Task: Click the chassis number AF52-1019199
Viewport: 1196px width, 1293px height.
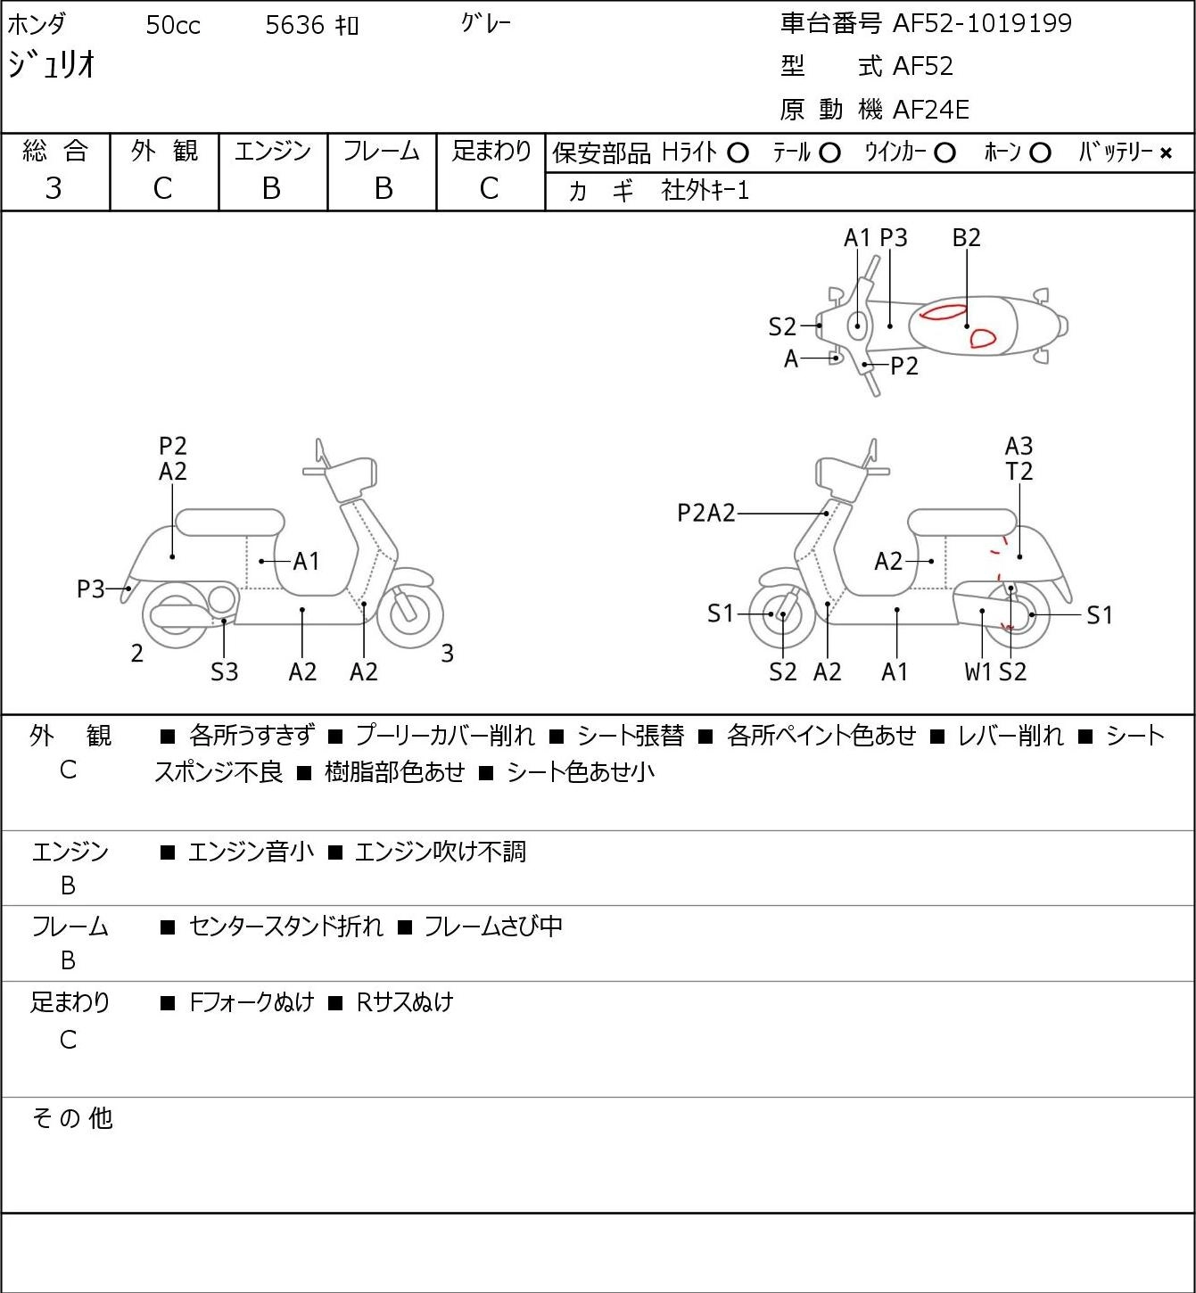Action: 982,23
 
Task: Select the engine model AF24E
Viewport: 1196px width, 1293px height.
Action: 931,110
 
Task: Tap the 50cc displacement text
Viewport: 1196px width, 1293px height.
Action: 173,25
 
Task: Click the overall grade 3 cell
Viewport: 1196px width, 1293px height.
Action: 54,189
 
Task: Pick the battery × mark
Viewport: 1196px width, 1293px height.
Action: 1166,153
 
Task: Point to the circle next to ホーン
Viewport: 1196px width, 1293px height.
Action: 1040,153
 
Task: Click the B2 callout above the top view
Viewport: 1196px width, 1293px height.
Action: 966,237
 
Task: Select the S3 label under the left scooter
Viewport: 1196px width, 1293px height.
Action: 224,671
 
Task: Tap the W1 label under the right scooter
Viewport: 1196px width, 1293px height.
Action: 977,671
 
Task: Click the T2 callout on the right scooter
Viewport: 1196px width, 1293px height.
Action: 1019,471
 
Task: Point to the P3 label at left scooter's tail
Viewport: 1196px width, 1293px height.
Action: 91,589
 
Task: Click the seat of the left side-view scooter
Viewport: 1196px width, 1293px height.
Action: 230,523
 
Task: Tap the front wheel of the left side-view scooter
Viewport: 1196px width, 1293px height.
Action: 410,615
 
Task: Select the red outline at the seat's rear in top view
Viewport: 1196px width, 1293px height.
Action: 982,338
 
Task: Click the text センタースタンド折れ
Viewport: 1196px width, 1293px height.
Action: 286,926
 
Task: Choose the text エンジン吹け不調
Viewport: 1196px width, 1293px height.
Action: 441,851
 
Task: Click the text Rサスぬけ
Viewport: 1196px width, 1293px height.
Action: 405,1002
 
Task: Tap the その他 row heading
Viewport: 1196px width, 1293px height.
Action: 72,1118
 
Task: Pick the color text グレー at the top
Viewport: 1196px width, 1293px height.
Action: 486,23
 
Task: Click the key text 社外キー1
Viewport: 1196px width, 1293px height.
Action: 705,191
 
